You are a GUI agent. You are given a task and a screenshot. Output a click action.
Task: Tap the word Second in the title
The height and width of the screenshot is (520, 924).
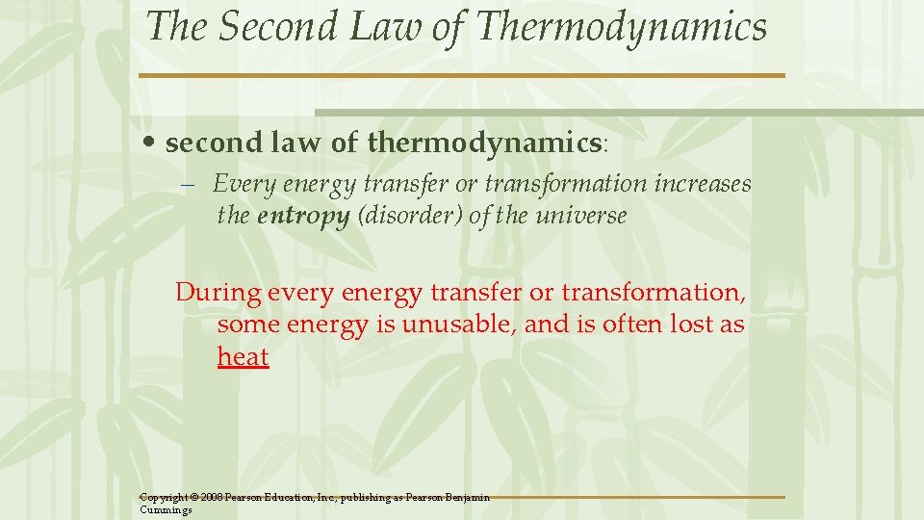click(275, 27)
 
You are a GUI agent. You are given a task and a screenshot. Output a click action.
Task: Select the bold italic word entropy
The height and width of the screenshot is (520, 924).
click(303, 216)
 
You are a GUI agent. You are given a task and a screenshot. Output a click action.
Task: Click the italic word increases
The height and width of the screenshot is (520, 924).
click(703, 183)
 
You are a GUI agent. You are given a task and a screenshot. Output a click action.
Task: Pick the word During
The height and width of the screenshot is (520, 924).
click(218, 291)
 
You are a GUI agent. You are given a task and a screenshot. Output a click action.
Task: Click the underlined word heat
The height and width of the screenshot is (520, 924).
click(243, 357)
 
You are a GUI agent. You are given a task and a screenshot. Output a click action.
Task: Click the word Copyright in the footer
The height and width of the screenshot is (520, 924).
click(164, 498)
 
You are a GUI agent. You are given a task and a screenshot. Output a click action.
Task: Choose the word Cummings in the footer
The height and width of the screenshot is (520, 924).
click(166, 509)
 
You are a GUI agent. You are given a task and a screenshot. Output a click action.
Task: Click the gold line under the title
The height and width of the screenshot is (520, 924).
click(462, 75)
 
